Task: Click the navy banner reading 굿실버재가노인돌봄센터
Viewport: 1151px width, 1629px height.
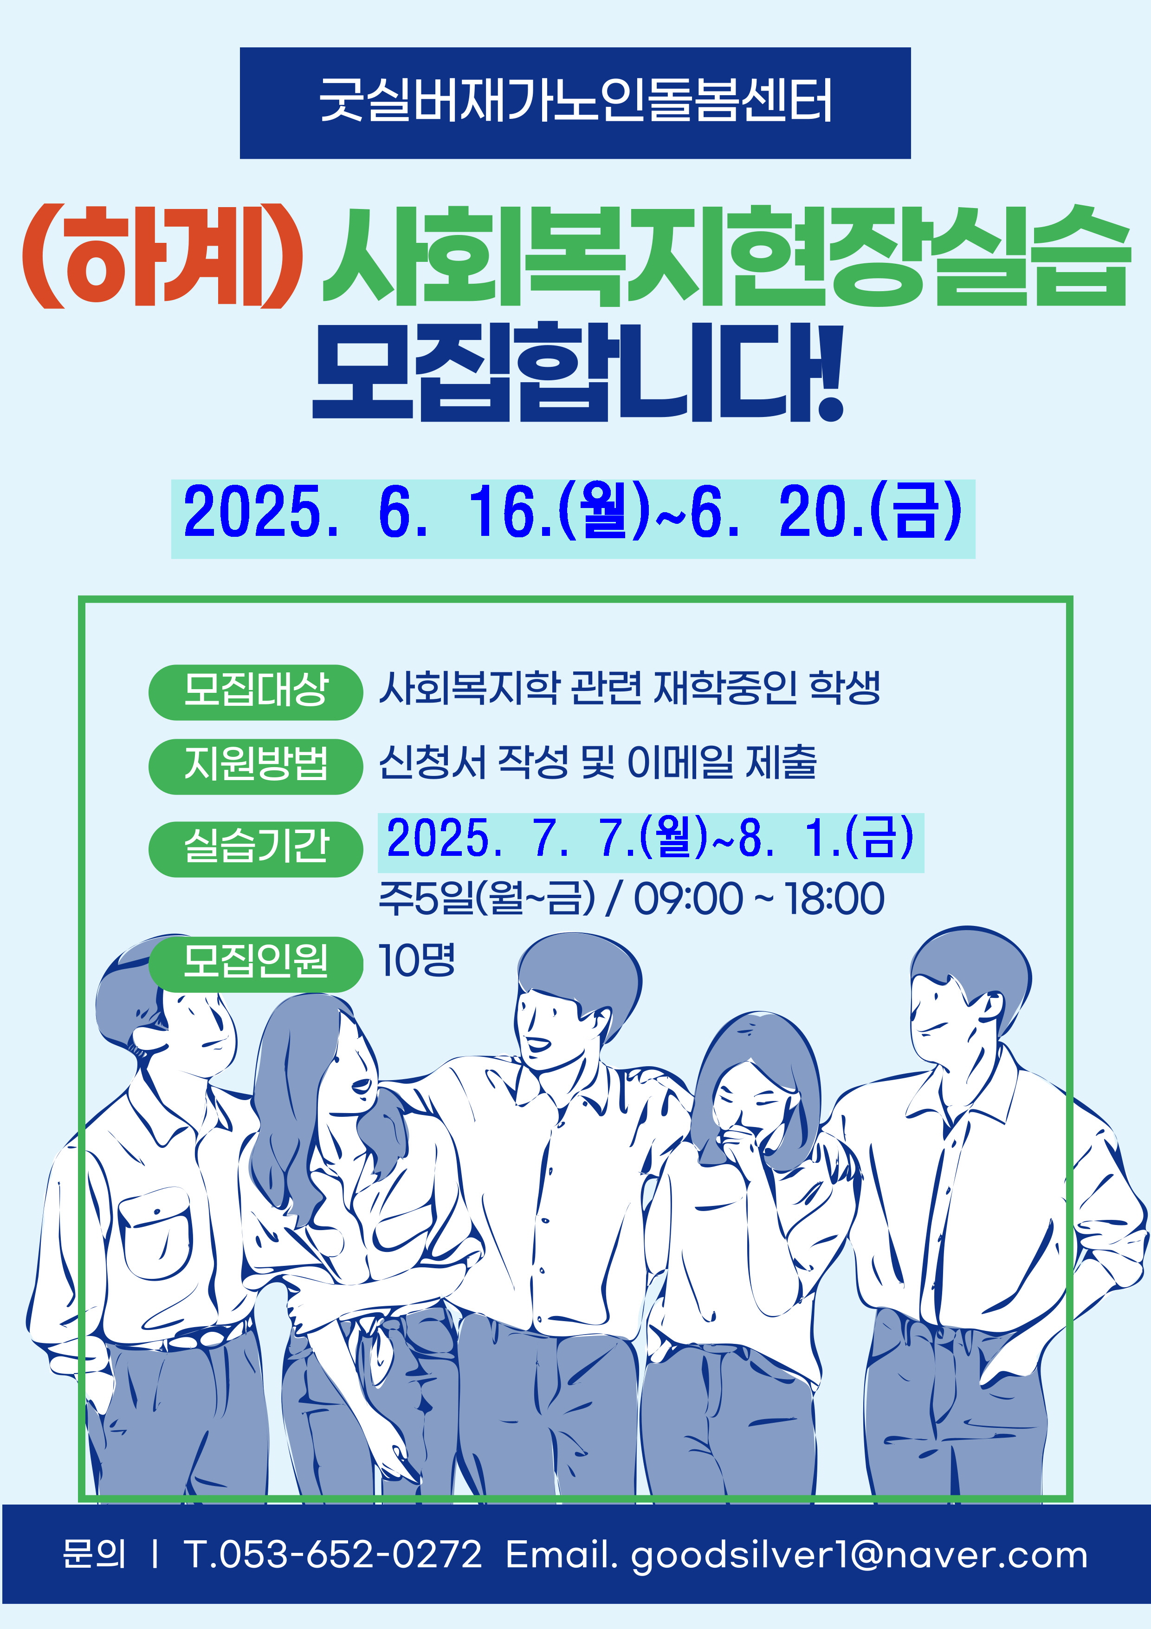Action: tap(575, 103)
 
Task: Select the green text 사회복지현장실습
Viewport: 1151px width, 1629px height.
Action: tap(725, 256)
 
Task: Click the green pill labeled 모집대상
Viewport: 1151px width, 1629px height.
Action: tap(255, 692)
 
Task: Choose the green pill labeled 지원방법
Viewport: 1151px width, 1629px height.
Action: tap(255, 766)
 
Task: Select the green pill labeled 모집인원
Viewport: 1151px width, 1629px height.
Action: tap(255, 964)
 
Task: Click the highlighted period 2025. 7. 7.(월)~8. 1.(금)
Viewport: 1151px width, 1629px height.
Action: tap(650, 839)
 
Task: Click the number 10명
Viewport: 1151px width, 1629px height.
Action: tap(416, 961)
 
